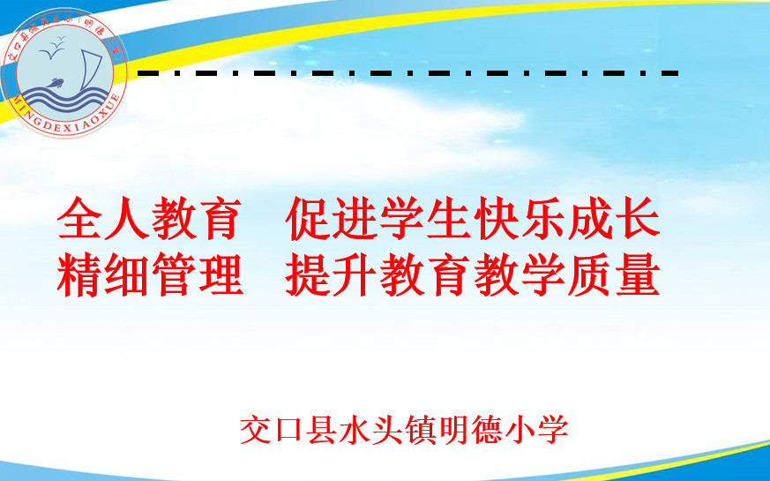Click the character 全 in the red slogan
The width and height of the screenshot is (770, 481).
pos(80,218)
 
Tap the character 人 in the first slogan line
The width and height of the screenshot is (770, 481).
pos(127,218)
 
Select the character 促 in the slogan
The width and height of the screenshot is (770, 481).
pos(308,218)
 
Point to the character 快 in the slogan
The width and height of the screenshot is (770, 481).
pos(495,218)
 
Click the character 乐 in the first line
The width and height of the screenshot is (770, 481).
pos(542,218)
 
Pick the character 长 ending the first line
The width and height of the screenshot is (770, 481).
pos(637,218)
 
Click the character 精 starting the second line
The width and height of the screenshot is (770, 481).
pos(80,274)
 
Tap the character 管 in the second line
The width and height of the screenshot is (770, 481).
pos(175,274)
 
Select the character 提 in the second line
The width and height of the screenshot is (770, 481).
pos(308,274)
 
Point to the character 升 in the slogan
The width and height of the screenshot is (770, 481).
pos(355,274)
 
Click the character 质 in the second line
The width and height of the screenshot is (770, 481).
pos(589,274)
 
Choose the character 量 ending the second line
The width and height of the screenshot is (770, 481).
pos(637,274)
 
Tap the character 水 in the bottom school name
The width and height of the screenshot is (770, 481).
pos(354,430)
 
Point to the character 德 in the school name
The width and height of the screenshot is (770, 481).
pos(486,430)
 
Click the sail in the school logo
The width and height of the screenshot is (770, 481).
pos(92,71)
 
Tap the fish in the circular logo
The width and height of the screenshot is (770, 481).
pos(55,84)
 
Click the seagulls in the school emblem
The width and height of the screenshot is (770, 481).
pos(53,47)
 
